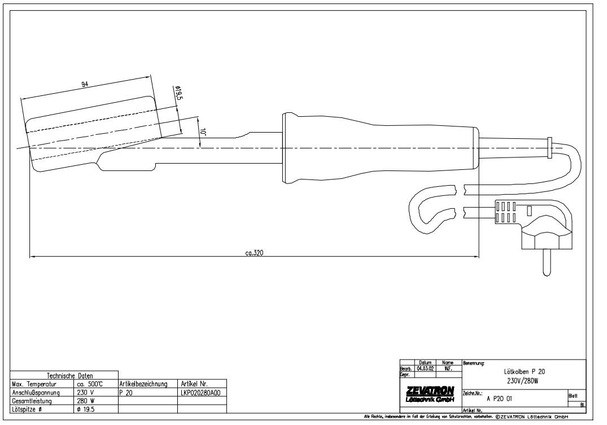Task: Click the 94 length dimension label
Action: point(85,85)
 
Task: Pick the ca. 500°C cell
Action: point(89,384)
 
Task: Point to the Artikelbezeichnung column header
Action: point(143,384)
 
